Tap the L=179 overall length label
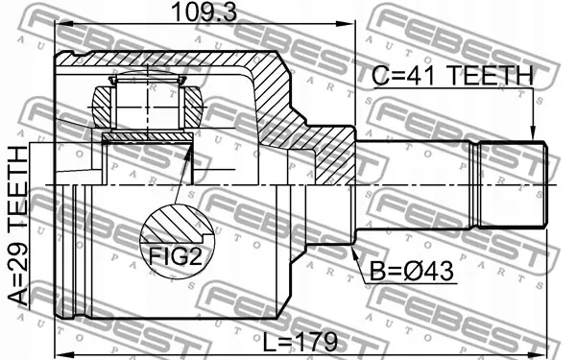click(300, 342)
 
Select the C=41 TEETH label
click(452, 76)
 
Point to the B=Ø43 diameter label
click(412, 272)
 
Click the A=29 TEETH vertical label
click(18, 226)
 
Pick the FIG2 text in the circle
click(176, 256)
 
